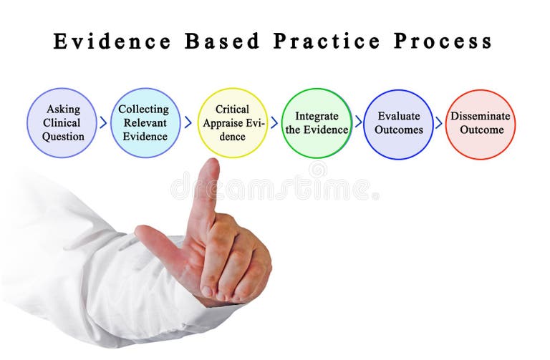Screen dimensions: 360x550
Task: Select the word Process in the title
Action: tap(443, 42)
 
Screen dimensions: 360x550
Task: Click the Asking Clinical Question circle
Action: tap(62, 122)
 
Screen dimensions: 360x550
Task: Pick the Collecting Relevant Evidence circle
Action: tap(144, 122)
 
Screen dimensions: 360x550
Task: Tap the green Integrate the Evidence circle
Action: tap(316, 122)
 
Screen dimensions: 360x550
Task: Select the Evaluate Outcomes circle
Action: tap(398, 123)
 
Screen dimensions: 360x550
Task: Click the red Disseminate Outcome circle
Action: tap(481, 123)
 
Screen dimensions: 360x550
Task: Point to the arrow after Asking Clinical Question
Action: tap(103, 122)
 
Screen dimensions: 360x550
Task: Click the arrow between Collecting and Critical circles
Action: tap(188, 122)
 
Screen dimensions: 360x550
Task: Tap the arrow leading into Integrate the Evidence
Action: tap(274, 122)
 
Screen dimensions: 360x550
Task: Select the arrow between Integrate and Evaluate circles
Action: tap(358, 122)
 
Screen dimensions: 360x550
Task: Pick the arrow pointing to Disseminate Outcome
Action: tap(439, 122)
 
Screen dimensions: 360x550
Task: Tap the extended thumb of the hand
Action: tap(149, 236)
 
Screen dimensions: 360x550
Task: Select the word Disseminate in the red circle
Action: tap(481, 116)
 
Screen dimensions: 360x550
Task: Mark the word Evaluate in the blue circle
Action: tap(398, 116)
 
